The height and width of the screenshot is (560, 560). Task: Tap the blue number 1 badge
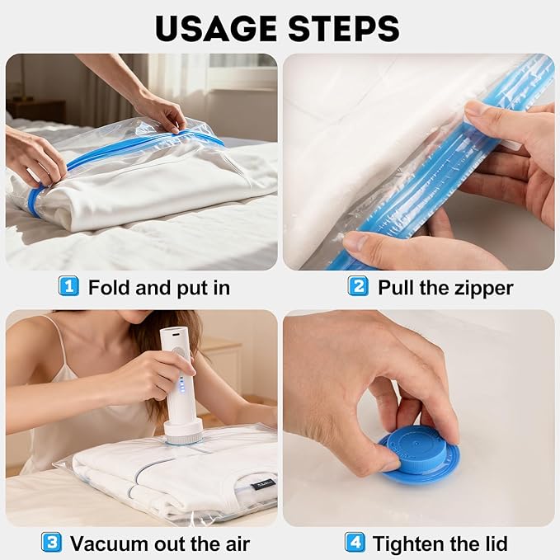coord(68,287)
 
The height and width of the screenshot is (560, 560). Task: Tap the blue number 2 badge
coord(357,287)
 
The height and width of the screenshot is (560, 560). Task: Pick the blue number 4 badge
coord(354,544)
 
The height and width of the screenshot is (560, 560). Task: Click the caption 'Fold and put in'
coord(158,288)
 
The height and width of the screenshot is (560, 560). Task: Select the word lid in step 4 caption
coord(494,544)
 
